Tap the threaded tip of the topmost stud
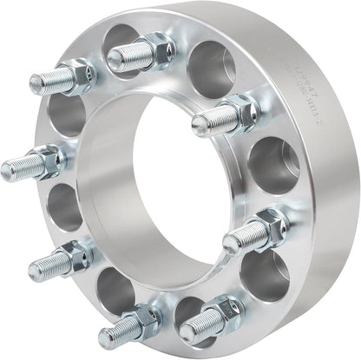tap(115, 60)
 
